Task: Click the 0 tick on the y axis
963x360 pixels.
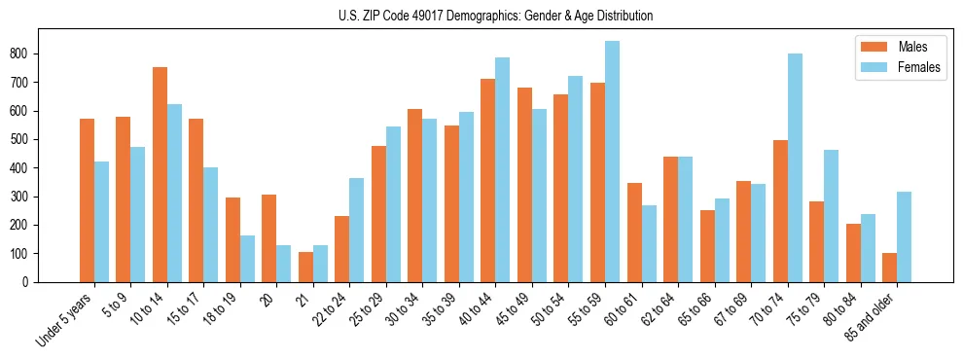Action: (x=28, y=282)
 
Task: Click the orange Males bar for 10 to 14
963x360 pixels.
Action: (x=160, y=175)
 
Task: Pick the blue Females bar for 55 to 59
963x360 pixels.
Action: (x=612, y=162)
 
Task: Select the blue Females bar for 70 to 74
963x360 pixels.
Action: (x=795, y=167)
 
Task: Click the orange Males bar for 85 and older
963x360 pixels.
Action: (x=889, y=268)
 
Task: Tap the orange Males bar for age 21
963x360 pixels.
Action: (x=305, y=267)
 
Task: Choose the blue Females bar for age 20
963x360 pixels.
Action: (x=284, y=264)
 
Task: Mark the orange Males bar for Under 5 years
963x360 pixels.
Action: (x=87, y=200)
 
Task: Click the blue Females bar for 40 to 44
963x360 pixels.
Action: (x=503, y=169)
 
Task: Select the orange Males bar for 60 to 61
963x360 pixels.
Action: (x=634, y=233)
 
